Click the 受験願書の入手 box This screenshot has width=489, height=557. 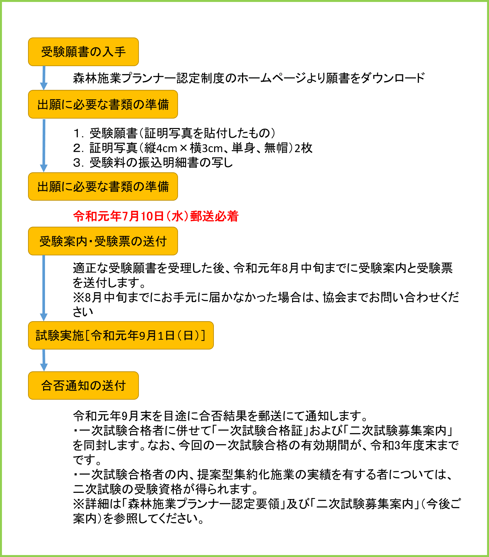[83, 52]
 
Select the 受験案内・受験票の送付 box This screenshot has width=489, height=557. [103, 241]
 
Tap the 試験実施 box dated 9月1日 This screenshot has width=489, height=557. [121, 335]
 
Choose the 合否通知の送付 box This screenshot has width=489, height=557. [83, 385]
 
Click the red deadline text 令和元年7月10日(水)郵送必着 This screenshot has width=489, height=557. [156, 216]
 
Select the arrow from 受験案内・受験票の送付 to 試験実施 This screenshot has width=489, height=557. [44, 288]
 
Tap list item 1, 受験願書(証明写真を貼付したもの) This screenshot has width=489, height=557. [174, 133]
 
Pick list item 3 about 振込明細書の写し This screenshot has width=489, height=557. [153, 162]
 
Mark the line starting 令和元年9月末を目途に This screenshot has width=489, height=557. [221, 416]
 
